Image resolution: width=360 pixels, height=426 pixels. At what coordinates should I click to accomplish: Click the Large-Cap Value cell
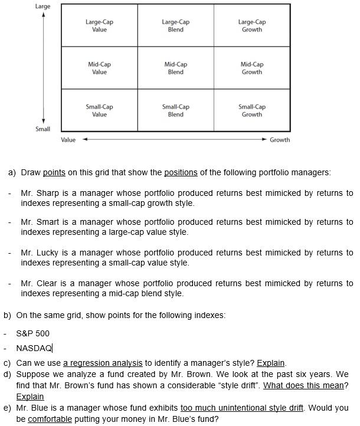tap(99, 25)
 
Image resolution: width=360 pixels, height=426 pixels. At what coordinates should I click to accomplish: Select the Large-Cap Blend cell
tap(176, 25)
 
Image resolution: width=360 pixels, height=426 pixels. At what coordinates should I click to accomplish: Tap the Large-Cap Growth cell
tap(252, 25)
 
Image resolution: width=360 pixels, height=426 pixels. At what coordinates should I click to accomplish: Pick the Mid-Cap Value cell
tap(99, 68)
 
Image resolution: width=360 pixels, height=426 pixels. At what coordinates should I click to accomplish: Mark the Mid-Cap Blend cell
tap(176, 68)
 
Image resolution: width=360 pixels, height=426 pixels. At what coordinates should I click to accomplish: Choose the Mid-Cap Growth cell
tap(252, 68)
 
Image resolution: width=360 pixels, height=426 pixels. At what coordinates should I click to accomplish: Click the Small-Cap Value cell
tap(99, 110)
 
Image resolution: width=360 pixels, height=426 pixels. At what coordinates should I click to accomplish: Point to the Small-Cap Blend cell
tap(176, 110)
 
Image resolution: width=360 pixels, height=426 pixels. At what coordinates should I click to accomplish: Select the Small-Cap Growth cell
tap(252, 110)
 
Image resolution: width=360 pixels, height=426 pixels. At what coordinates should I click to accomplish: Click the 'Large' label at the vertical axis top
tap(43, 6)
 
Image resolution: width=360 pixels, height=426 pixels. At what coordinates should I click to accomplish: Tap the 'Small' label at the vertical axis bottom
tap(43, 129)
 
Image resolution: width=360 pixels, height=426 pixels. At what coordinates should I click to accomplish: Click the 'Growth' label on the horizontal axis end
tap(280, 140)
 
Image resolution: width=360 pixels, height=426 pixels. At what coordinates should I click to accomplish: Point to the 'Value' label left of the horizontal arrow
tap(68, 140)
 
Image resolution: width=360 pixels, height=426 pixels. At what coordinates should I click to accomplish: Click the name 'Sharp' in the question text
tap(48, 193)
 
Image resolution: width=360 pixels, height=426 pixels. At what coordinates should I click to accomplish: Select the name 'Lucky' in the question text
tap(48, 253)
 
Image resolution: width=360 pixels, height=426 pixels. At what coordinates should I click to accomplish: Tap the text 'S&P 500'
tap(33, 333)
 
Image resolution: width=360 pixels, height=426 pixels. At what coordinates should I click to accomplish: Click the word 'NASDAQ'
tap(34, 348)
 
